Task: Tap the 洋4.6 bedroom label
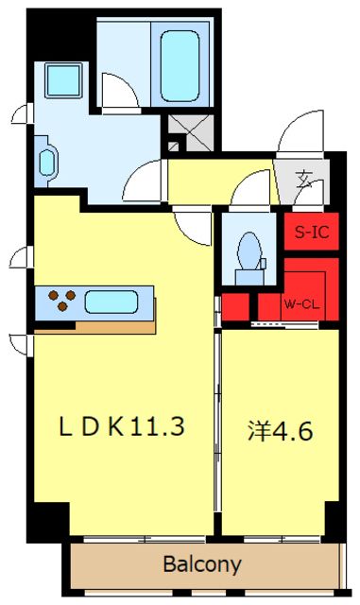tap(280, 430)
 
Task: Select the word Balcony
tap(201, 565)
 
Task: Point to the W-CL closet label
tap(301, 304)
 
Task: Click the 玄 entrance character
tap(305, 178)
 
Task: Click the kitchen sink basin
tap(112, 302)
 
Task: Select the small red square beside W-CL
tap(236, 306)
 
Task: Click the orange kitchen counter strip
tap(94, 325)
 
